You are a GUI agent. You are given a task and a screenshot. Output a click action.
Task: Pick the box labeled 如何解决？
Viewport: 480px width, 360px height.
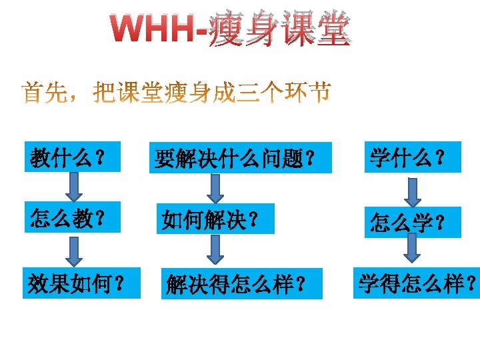click(216, 219)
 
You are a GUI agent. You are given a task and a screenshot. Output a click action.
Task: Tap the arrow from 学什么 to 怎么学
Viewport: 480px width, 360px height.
click(413, 191)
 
